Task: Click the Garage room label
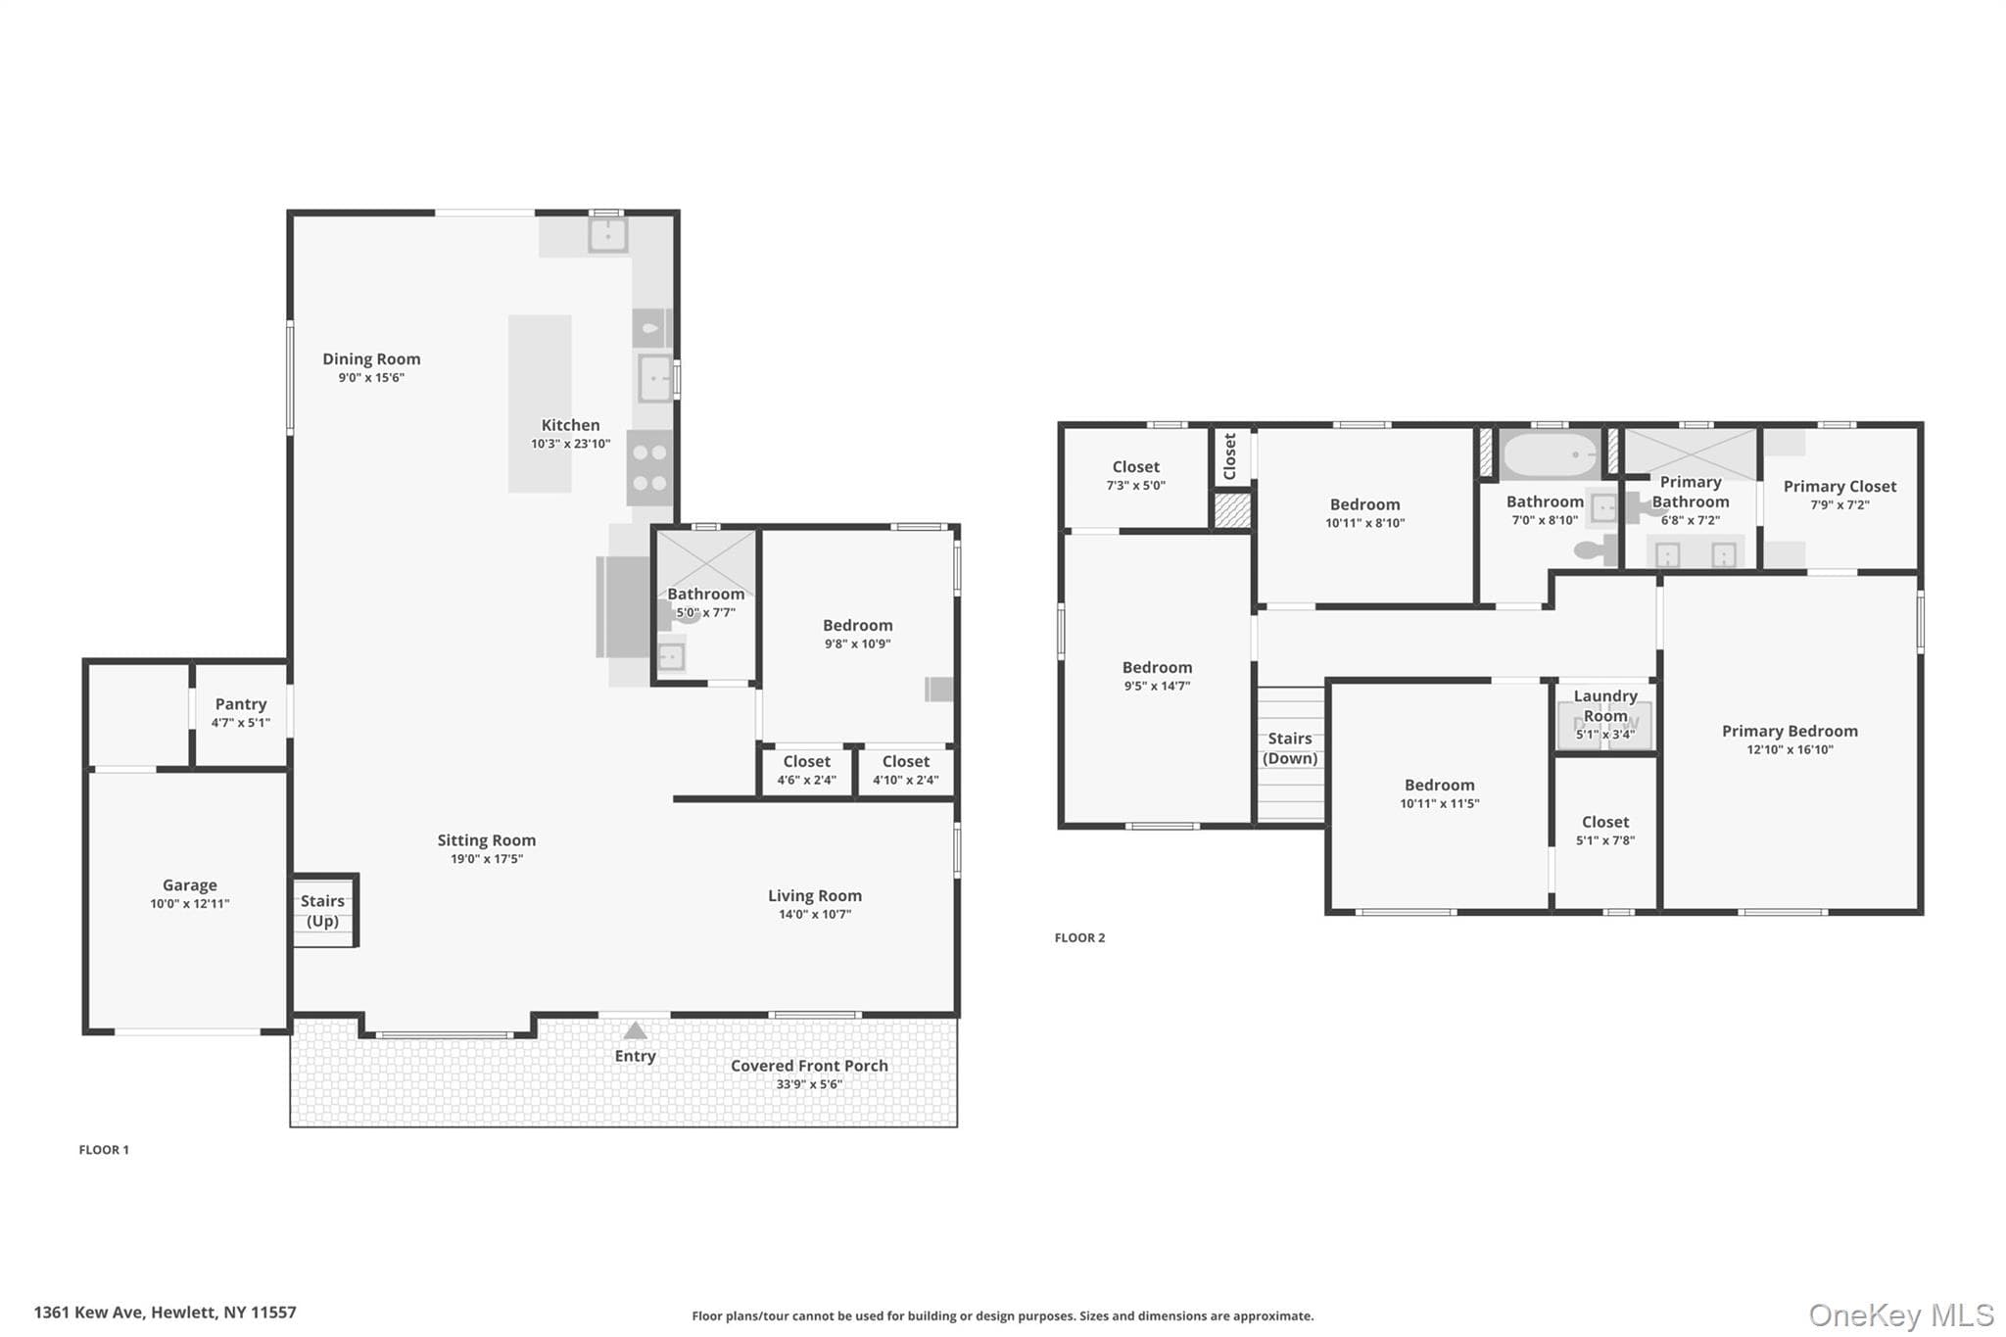tap(190, 885)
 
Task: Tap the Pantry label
tap(241, 704)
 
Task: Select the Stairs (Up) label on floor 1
tap(322, 911)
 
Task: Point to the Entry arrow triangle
tap(635, 1030)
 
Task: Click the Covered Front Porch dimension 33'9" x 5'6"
tap(809, 1084)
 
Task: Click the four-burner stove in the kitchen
tap(650, 468)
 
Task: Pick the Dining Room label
tap(371, 359)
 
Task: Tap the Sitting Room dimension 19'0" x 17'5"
tap(486, 859)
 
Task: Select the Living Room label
tap(815, 896)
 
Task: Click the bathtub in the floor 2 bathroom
tap(1551, 455)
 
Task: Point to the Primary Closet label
tap(1839, 487)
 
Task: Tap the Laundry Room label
tap(1605, 706)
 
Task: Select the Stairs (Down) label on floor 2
tap(1290, 748)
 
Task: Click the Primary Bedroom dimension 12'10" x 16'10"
tap(1790, 750)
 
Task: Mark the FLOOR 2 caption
tap(1079, 938)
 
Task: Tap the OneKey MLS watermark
tap(1901, 1314)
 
